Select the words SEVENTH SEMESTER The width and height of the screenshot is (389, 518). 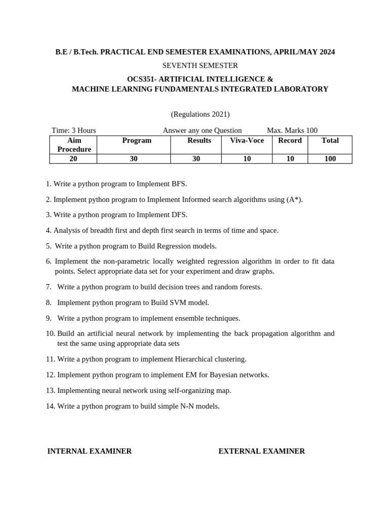coord(200,66)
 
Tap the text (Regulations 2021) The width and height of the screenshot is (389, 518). coord(200,114)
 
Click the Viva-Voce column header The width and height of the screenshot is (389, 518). coord(247,141)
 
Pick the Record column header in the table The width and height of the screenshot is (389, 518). coord(290,141)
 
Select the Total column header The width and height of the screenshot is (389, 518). coord(330,141)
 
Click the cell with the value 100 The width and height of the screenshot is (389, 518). coord(330,159)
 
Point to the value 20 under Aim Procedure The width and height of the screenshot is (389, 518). coord(73,159)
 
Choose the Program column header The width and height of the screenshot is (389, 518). coord(137,141)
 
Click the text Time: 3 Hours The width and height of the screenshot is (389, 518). coord(74,131)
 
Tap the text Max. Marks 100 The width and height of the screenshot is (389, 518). coord(292,131)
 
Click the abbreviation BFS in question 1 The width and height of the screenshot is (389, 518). coord(179,184)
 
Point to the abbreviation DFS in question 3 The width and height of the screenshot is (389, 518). coord(179,215)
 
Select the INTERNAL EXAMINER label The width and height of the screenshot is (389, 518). coord(90,451)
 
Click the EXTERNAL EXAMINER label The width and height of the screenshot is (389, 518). coord(261,451)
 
